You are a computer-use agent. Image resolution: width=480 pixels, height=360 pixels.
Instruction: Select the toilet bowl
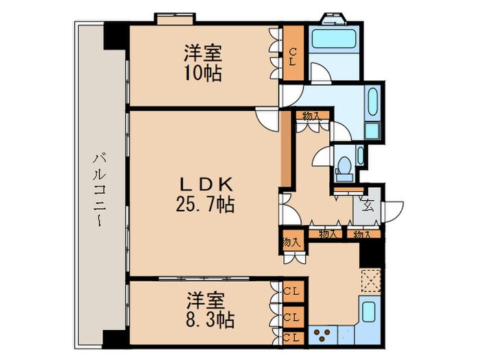pyautogui.click(x=345, y=165)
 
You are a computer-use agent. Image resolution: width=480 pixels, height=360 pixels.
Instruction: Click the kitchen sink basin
pyautogui.click(x=368, y=313)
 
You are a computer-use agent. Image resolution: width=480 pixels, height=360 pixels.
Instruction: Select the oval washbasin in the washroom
pyautogui.click(x=373, y=103)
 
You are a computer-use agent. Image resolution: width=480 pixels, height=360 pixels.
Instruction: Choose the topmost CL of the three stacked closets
pyautogui.click(x=291, y=290)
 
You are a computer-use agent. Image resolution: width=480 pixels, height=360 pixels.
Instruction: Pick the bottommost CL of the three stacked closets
pyautogui.click(x=291, y=337)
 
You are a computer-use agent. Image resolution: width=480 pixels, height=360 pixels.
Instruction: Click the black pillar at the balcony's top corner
pyautogui.click(x=112, y=36)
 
